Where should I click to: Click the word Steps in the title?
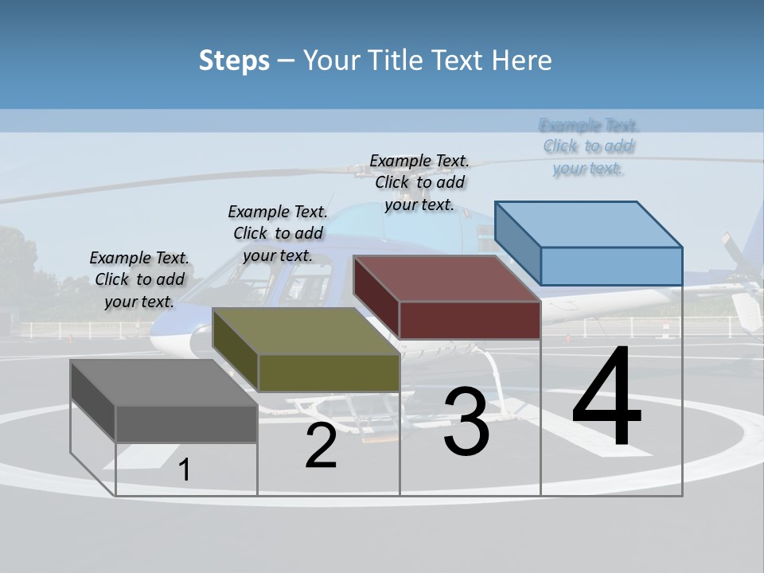click(234, 60)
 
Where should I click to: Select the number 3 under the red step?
click(466, 423)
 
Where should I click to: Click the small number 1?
click(185, 470)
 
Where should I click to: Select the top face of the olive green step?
click(306, 331)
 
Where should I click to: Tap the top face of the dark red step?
click(446, 279)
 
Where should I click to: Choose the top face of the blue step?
click(588, 224)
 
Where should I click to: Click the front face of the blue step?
click(611, 266)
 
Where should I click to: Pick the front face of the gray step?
click(186, 423)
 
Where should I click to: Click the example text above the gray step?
click(139, 279)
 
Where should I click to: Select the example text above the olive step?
click(278, 233)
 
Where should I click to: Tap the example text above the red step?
click(419, 182)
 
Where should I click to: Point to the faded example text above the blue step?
click(588, 146)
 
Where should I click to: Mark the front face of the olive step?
click(328, 372)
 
